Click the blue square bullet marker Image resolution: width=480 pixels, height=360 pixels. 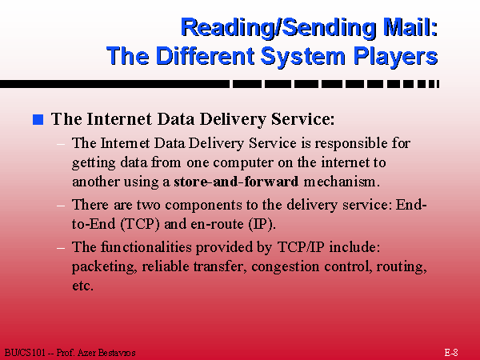(38, 119)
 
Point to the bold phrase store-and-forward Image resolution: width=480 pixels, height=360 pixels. (236, 182)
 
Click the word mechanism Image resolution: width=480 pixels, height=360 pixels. (342, 182)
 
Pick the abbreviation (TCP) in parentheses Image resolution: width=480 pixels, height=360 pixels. (140, 224)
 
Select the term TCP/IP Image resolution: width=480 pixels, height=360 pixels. (301, 246)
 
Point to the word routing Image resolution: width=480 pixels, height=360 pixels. (402, 267)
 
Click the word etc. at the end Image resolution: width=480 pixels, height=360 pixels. (82, 286)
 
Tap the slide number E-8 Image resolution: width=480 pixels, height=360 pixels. (451, 352)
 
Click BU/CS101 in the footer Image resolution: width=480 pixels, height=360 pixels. (25, 353)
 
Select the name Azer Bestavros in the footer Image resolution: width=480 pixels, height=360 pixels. (106, 353)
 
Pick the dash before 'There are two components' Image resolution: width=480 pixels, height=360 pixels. (61, 205)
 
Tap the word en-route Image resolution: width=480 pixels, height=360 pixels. (217, 224)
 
